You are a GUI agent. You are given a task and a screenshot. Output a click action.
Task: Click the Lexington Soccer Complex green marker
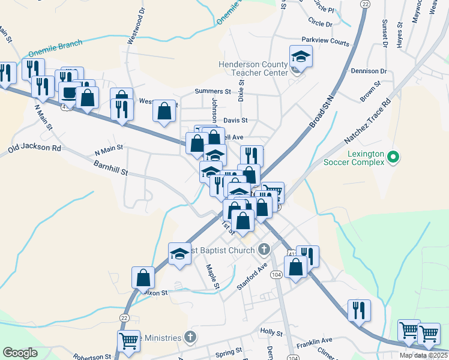click(393, 158)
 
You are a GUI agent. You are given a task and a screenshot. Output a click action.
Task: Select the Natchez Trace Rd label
click(367, 121)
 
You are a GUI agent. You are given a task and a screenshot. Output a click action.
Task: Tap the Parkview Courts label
click(325, 43)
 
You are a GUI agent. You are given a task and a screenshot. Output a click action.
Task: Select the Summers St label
click(213, 91)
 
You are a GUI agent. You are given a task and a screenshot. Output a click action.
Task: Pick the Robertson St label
click(93, 356)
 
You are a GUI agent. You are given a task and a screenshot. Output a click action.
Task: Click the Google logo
click(20, 353)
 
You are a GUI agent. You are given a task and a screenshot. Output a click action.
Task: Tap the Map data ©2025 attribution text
click(423, 355)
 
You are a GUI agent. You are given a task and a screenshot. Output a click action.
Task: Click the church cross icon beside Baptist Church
click(264, 248)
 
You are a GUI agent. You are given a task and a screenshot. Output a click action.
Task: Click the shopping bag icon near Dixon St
click(143, 277)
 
